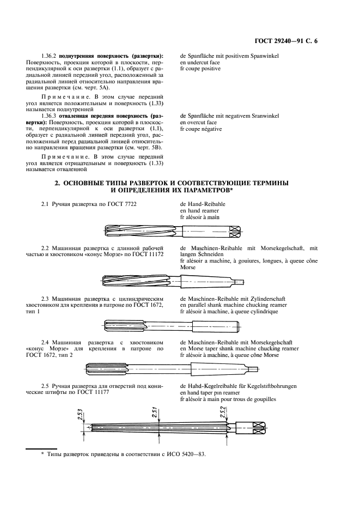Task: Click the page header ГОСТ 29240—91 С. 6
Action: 293,41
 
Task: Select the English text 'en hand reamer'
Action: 199,210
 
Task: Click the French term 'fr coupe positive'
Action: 200,69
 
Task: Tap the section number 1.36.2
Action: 49,56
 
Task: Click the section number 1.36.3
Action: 49,116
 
